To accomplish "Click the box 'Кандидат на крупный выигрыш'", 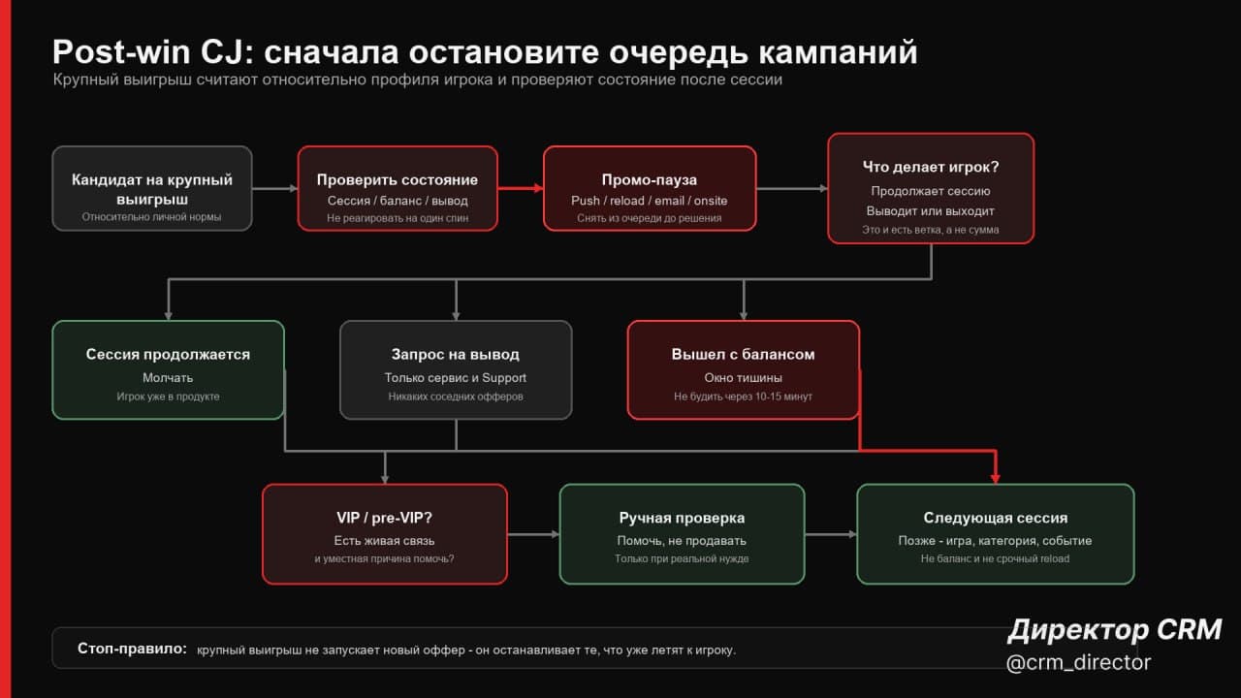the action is click(152, 188).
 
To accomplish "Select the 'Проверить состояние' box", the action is click(398, 188).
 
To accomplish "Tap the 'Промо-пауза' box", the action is click(650, 188).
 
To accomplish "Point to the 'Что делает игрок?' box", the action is click(931, 188).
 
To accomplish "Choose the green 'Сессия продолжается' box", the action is click(168, 370).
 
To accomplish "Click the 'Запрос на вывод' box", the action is click(456, 370).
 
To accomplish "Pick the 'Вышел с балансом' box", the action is click(743, 370).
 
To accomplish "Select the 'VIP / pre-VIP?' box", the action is click(385, 534).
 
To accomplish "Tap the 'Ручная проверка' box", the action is click(682, 534).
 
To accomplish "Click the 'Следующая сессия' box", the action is click(996, 534).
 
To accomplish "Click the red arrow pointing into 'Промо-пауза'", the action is click(521, 188).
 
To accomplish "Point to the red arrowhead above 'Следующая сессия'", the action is click(996, 478).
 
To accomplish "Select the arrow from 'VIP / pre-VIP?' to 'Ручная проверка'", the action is click(533, 534).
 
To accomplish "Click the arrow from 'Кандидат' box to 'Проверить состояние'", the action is click(274, 189).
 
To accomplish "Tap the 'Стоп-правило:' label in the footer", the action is click(132, 649).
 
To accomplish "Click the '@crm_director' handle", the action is click(1078, 662).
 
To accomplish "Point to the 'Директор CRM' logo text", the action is click(1115, 630).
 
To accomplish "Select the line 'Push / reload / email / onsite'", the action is click(650, 201).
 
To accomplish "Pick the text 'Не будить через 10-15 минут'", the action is click(743, 397).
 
